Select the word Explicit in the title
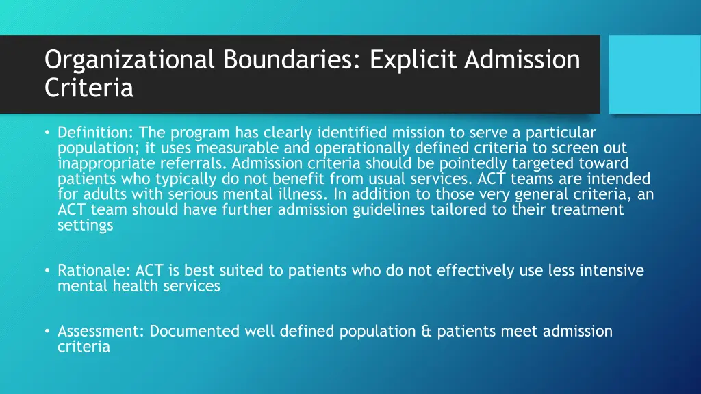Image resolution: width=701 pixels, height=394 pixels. click(413, 61)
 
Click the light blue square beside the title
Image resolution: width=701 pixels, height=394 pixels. click(654, 74)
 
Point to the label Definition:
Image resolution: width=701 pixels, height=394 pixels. click(95, 133)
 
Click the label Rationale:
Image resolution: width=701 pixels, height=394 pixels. click(94, 271)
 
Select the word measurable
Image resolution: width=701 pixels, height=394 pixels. click(234, 148)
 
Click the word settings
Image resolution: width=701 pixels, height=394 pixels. click(85, 225)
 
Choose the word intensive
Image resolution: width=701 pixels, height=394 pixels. click(611, 271)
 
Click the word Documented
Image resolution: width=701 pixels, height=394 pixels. click(195, 332)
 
